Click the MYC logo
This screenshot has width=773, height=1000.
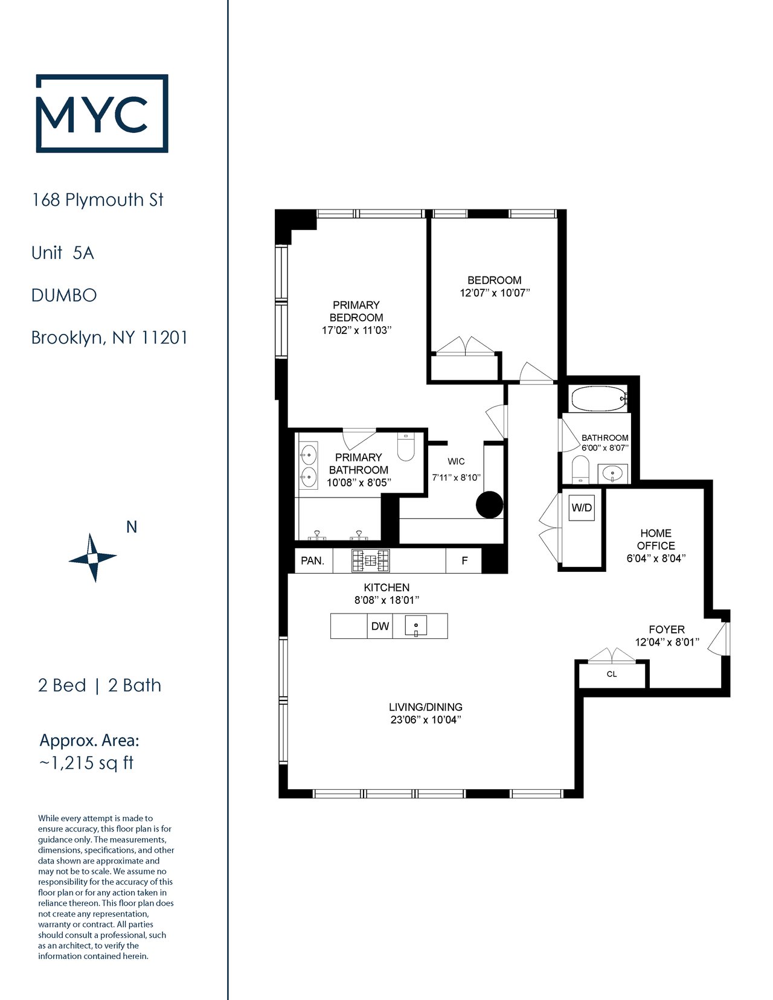click(x=101, y=113)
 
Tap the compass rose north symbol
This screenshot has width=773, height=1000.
click(x=92, y=557)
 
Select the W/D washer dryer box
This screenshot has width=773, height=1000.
click(x=582, y=508)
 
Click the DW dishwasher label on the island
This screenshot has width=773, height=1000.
click(x=380, y=626)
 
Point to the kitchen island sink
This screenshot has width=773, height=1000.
click(x=416, y=626)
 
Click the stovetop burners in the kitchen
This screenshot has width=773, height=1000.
click(x=370, y=560)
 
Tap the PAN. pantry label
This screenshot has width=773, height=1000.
click(x=312, y=561)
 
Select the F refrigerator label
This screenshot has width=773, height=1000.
click(x=465, y=560)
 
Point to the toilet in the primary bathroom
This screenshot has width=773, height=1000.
click(x=406, y=446)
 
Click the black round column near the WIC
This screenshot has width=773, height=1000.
click(x=489, y=505)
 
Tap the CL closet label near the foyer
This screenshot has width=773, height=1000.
click(x=612, y=674)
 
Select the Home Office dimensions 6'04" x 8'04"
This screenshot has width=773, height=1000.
click(x=656, y=558)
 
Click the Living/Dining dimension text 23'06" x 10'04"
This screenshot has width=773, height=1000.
click(x=426, y=720)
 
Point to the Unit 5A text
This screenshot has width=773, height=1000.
click(x=63, y=252)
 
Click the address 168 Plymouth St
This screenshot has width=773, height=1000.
click(x=98, y=200)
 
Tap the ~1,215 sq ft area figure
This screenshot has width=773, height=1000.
click(x=86, y=763)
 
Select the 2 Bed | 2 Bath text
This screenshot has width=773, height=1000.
click(x=100, y=685)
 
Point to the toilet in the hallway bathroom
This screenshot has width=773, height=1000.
click(x=580, y=469)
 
